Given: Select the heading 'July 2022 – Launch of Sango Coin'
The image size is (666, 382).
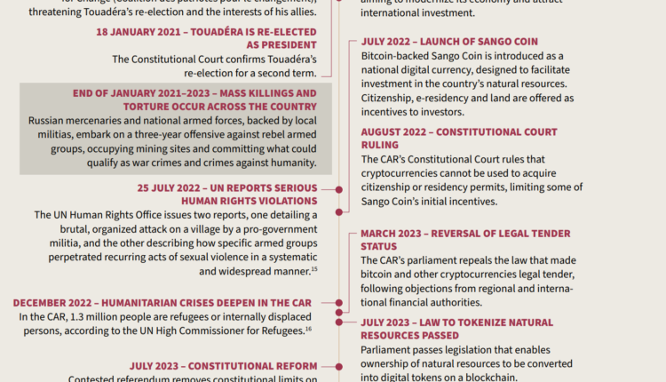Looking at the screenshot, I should tap(462, 42).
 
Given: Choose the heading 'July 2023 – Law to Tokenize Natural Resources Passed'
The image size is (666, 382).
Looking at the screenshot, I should tap(456, 329).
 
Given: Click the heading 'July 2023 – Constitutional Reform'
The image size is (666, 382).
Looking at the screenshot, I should tap(223, 366).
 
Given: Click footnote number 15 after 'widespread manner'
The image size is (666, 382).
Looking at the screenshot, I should tap(314, 268).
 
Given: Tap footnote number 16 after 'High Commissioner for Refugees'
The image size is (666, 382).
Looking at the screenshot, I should tap(307, 329).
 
